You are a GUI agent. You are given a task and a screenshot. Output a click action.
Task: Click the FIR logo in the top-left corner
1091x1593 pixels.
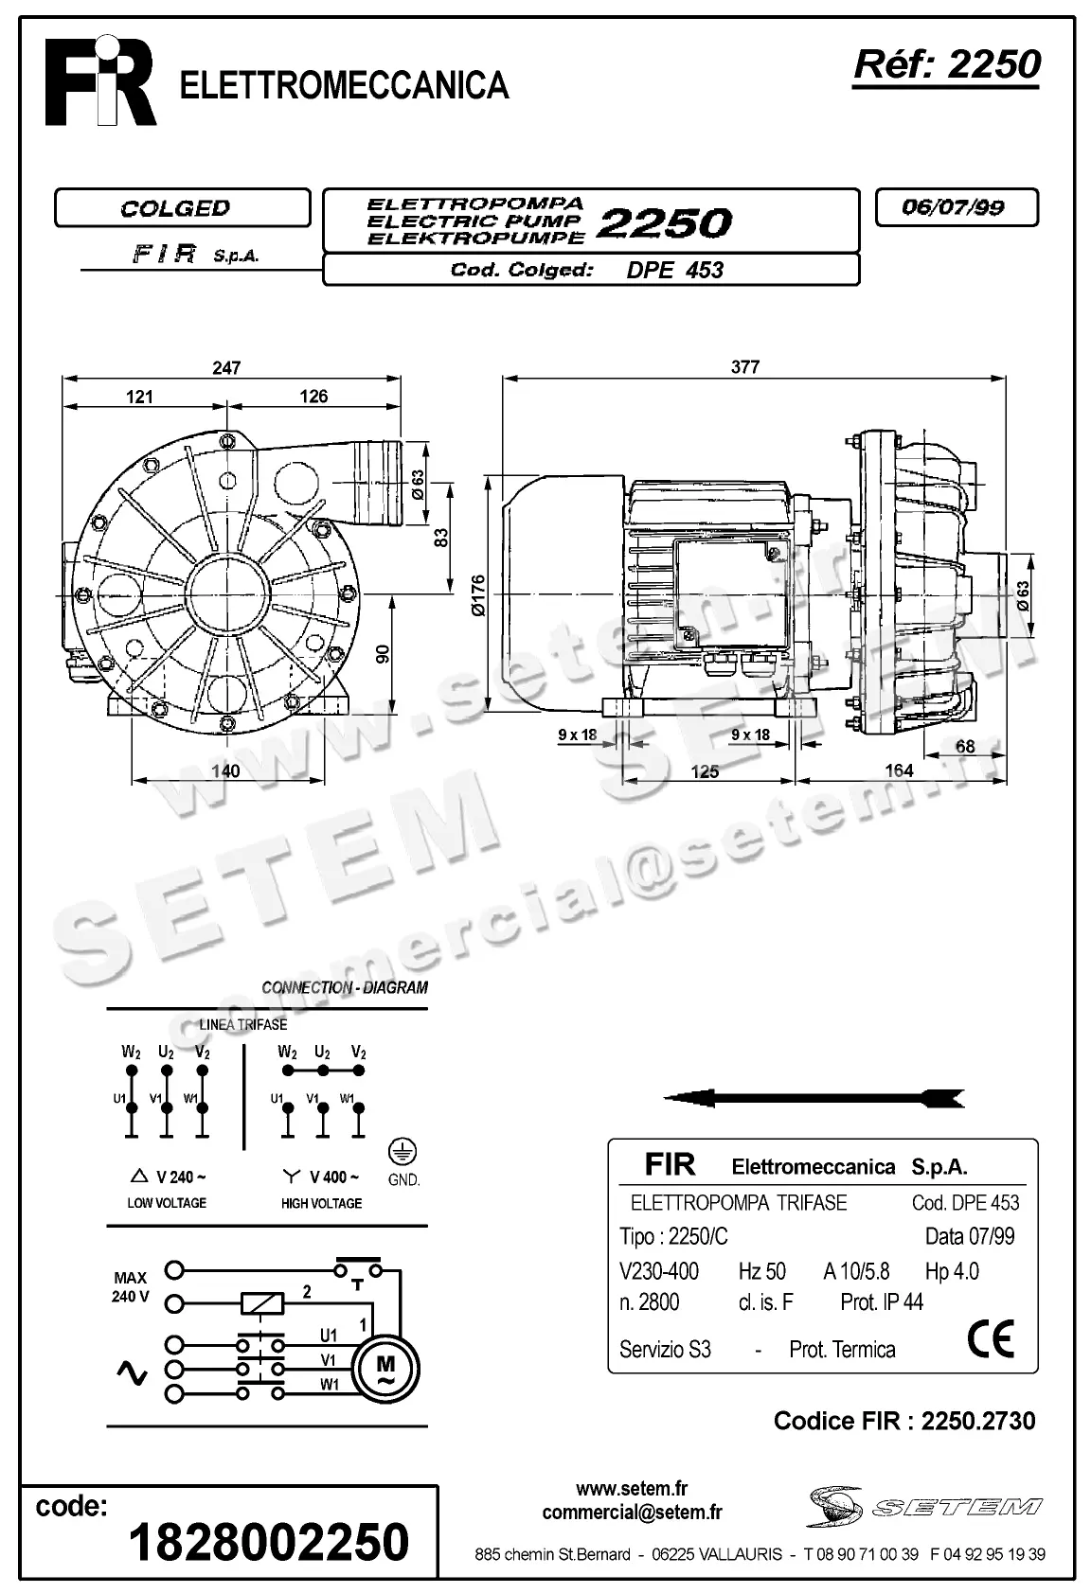pyautogui.click(x=101, y=81)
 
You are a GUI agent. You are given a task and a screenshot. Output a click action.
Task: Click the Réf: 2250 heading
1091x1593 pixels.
pyautogui.click(x=946, y=64)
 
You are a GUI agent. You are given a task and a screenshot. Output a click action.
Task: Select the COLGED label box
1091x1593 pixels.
pyautogui.click(x=182, y=208)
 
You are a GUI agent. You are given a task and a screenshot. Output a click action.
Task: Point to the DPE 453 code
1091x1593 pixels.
pyautogui.click(x=674, y=271)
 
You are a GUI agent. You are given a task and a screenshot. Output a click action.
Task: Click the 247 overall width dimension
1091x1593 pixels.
pyautogui.click(x=227, y=367)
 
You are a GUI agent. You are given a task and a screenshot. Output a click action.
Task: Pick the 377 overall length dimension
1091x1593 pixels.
pyautogui.click(x=745, y=367)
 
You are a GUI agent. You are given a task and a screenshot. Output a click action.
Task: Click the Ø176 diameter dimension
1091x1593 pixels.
pyautogui.click(x=478, y=596)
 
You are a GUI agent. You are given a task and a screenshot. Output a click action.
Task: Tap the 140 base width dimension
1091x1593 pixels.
pyautogui.click(x=225, y=770)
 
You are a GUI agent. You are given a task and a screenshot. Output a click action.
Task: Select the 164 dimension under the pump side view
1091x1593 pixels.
pyautogui.click(x=898, y=770)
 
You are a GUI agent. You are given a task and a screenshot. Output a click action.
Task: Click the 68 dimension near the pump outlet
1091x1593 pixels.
pyautogui.click(x=964, y=746)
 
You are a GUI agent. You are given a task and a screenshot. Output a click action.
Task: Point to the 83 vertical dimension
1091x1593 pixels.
pyautogui.click(x=439, y=538)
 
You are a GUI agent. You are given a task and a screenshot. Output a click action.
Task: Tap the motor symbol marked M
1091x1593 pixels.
pyautogui.click(x=386, y=1369)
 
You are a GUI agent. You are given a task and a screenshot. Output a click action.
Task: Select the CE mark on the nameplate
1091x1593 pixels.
pyautogui.click(x=991, y=1337)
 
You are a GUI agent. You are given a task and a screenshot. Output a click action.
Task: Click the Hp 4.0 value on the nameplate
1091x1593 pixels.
pyautogui.click(x=952, y=1271)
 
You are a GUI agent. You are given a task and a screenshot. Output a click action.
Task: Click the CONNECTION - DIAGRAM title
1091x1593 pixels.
pyautogui.click(x=345, y=987)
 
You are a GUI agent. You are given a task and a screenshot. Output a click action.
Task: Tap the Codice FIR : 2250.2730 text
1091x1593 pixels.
pyautogui.click(x=904, y=1421)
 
